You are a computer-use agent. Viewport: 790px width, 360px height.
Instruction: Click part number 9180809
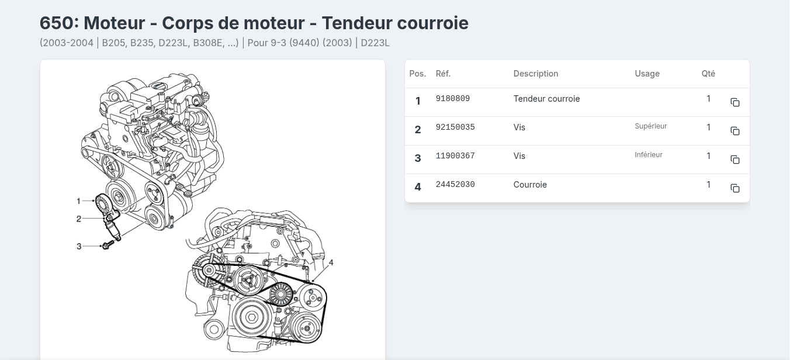click(453, 99)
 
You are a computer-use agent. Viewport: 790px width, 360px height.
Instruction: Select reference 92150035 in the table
click(455, 127)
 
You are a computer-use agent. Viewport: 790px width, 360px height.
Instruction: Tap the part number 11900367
click(455, 156)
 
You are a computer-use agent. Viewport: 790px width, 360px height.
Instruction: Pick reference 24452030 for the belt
click(455, 185)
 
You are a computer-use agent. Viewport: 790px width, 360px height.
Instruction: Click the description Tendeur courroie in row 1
click(546, 99)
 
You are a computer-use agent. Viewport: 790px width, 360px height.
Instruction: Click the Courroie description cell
click(530, 185)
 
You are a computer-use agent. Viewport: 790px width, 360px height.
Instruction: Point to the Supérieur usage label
click(650, 126)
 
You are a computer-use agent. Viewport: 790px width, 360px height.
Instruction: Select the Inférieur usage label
click(649, 155)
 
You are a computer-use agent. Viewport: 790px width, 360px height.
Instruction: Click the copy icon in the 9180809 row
click(735, 102)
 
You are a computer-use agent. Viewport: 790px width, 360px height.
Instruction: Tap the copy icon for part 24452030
click(735, 188)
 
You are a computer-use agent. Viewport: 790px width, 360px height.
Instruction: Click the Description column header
click(535, 74)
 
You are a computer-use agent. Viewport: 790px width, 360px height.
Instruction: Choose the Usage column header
click(647, 74)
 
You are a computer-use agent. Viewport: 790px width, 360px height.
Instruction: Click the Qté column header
click(708, 74)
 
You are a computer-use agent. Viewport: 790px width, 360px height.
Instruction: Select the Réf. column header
click(443, 74)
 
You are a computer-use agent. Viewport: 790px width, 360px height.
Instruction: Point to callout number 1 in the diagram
click(78, 201)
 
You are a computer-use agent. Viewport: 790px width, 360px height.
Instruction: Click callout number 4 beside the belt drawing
click(331, 263)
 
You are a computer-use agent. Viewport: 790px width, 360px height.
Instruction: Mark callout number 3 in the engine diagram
click(79, 247)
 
